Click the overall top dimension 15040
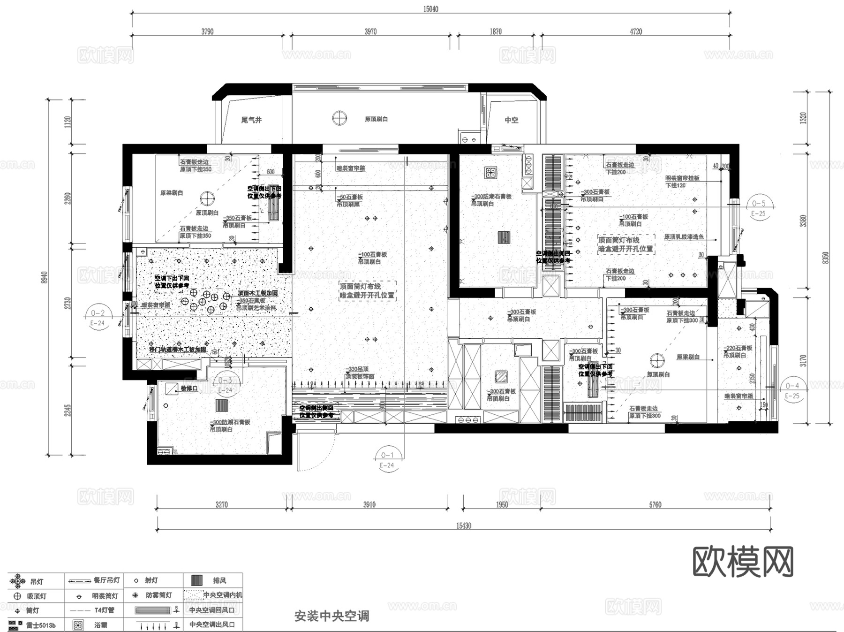pyautogui.click(x=430, y=9)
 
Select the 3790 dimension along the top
pyautogui.click(x=207, y=31)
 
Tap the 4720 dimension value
pyautogui.click(x=636, y=31)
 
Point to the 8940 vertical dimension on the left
pyautogui.click(x=45, y=277)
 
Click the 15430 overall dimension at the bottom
pyautogui.click(x=463, y=526)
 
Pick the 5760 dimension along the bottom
pyautogui.click(x=655, y=505)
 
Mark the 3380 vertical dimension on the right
pyautogui.click(x=803, y=221)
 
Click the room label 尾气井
pyautogui.click(x=251, y=120)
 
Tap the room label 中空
pyautogui.click(x=512, y=120)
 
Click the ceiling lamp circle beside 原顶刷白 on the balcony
pyautogui.click(x=339, y=118)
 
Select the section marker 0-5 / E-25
pyautogui.click(x=758, y=208)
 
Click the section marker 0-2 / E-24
pyautogui.click(x=98, y=318)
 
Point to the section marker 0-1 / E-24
pyautogui.click(x=387, y=460)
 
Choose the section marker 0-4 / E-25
pyautogui.click(x=792, y=390)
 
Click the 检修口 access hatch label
pyautogui.click(x=189, y=388)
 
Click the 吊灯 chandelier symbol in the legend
pyautogui.click(x=18, y=581)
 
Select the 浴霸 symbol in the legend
pyautogui.click(x=78, y=625)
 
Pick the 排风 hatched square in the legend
pyautogui.click(x=197, y=580)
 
